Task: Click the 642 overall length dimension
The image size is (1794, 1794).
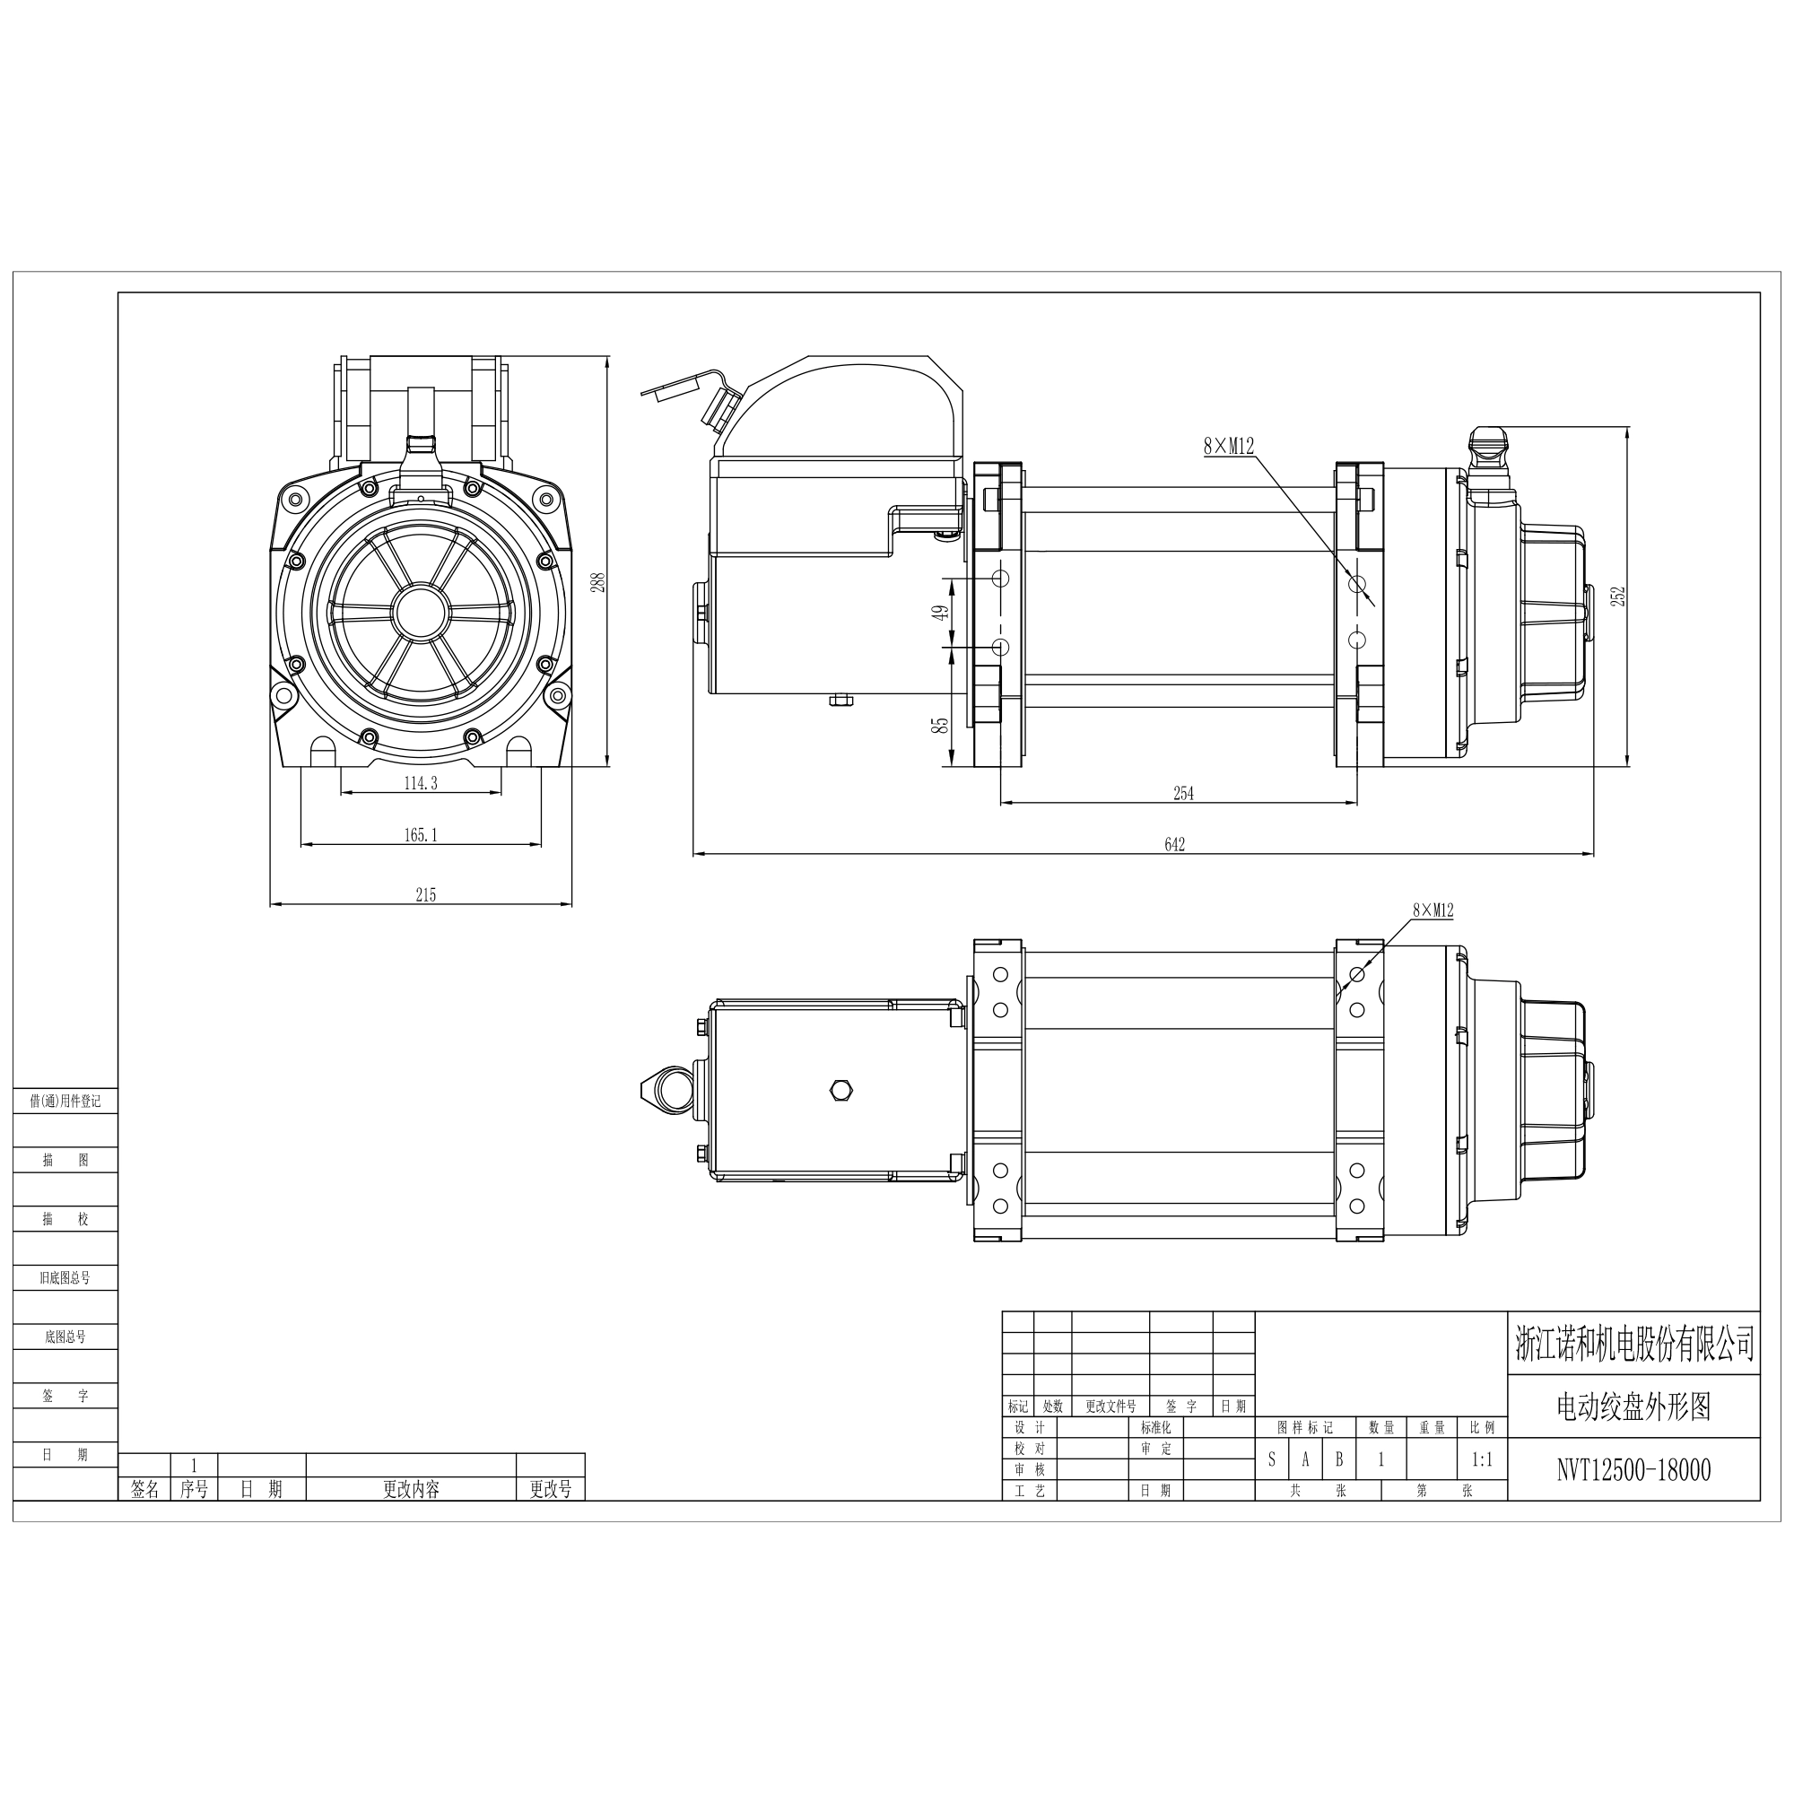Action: coord(1175,844)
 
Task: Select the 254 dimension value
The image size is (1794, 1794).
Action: coord(1184,793)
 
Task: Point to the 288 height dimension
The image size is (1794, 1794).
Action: coord(598,582)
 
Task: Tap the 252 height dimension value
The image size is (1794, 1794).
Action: coord(1618,596)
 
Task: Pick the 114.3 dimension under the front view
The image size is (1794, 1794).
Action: coord(421,783)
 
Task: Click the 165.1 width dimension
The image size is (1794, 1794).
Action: coord(421,835)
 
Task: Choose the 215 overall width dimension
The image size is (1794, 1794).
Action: coord(425,895)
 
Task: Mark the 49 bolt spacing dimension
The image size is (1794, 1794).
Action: coord(941,613)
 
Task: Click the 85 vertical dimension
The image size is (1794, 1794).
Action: coord(941,724)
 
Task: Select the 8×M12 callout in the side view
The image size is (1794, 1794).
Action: coord(1229,447)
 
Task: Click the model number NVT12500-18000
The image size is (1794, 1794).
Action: coord(1633,1470)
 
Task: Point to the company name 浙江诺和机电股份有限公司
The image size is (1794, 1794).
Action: coord(1634,1344)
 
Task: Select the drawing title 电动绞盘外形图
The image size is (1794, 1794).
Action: coord(1633,1406)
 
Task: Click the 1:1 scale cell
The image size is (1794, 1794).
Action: coord(1482,1459)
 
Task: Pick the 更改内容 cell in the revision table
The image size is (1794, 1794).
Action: coord(412,1488)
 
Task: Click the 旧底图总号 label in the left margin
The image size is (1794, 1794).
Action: coord(65,1276)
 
